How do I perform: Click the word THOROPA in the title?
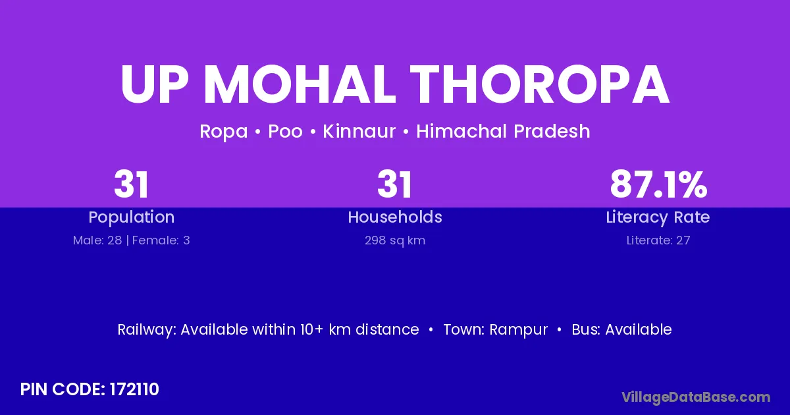coord(539,84)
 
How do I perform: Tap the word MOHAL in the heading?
coord(300,84)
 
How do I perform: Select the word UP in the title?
coord(155,84)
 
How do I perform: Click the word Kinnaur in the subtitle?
coord(359,131)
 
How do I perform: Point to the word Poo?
coord(285,131)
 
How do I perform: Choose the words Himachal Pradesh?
coord(503,131)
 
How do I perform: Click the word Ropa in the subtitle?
coord(224,132)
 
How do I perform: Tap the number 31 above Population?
coord(131,184)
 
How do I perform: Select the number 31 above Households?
coord(394,184)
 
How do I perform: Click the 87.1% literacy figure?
coord(658,184)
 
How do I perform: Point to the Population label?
coord(132,217)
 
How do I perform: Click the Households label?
coord(395,217)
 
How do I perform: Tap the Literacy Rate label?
coord(658,217)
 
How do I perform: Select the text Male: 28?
coord(97,240)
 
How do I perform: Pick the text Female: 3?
coord(161,240)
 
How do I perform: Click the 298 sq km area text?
coord(395,240)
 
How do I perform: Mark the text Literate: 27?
coord(658,240)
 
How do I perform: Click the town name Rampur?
coord(519,330)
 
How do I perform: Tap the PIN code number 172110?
coord(134,389)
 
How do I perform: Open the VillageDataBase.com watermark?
coord(696,397)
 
